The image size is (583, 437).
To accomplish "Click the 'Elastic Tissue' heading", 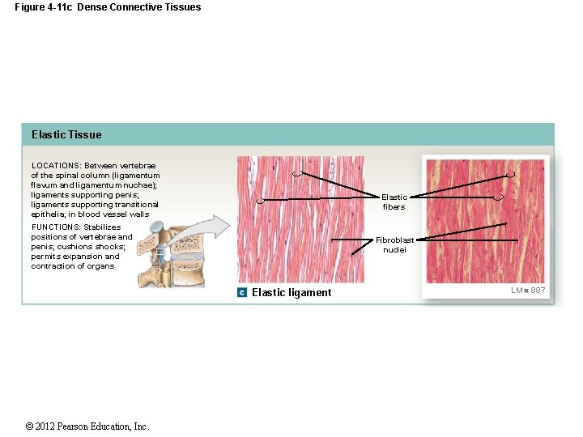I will (x=66, y=134).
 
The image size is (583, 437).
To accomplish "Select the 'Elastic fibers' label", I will (x=394, y=202).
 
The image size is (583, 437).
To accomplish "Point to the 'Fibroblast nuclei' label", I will (x=394, y=245).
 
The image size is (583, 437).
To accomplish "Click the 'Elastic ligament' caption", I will (x=291, y=293).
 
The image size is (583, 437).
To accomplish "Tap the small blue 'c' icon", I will (x=242, y=292).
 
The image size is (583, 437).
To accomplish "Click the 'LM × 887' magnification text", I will (x=528, y=291).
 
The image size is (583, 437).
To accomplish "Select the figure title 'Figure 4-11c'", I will (x=42, y=7).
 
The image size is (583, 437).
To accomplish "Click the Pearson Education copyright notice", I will (x=87, y=426).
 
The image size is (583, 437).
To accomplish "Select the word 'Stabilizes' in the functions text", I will (x=102, y=227).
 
